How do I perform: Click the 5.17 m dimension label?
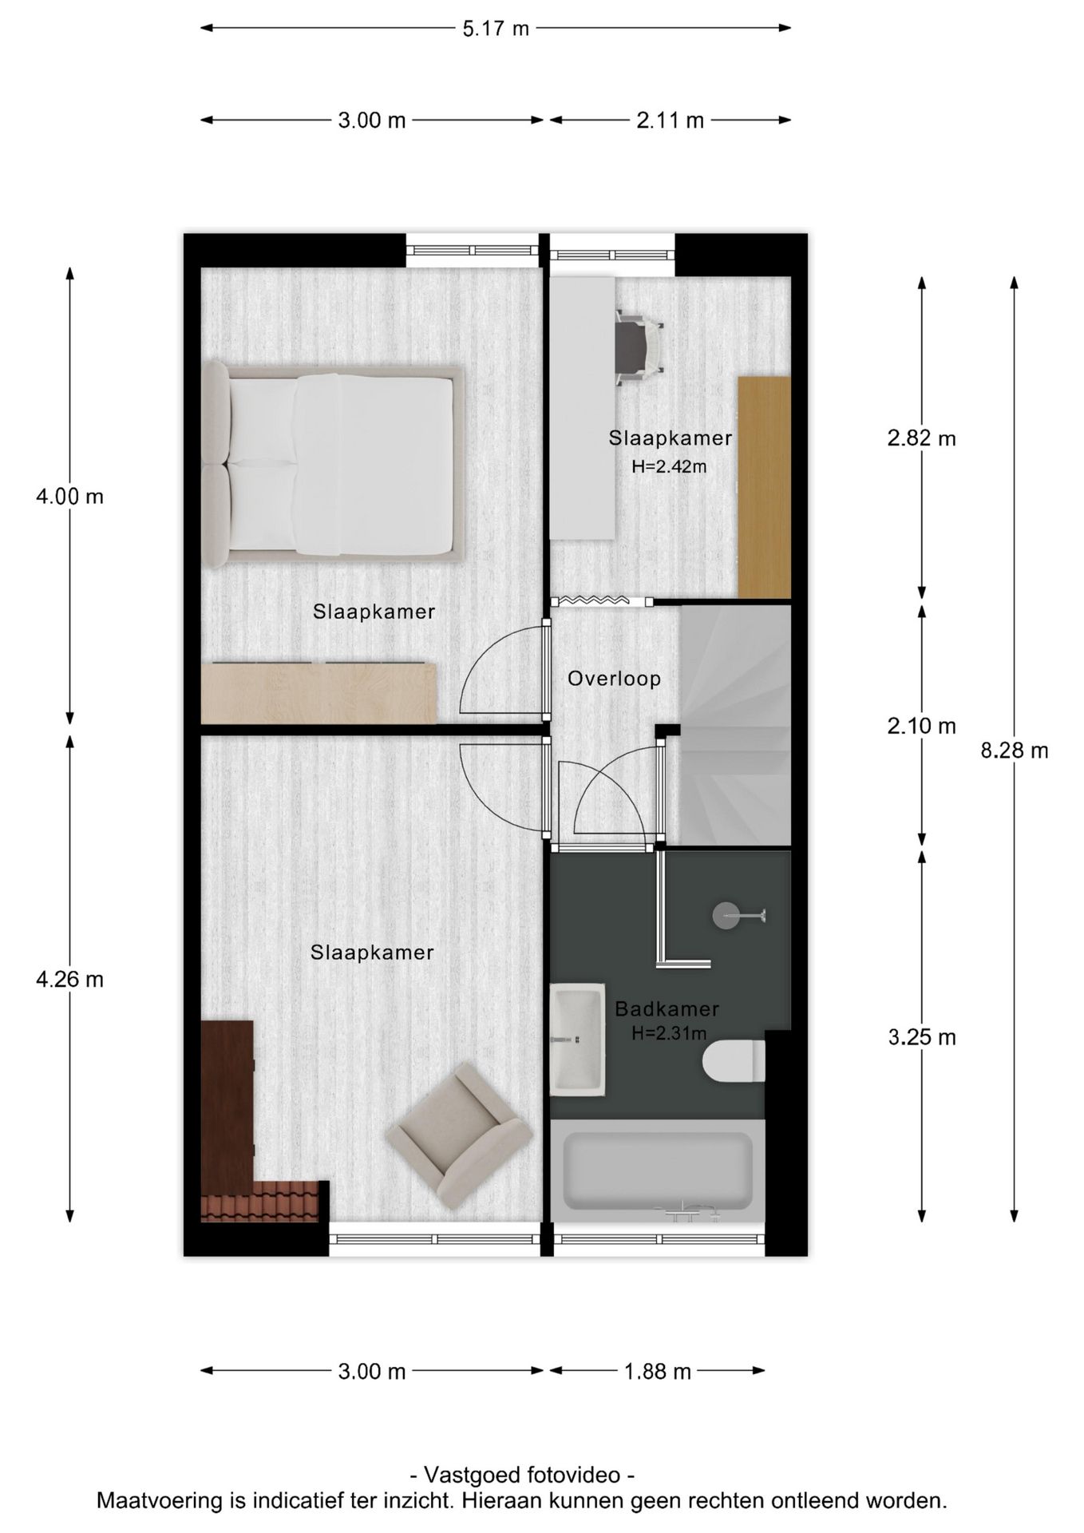click(495, 29)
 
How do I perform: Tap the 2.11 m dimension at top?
click(670, 121)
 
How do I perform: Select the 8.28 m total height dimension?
click(1014, 751)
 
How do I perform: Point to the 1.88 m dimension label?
click(657, 1372)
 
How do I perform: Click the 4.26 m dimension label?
click(69, 979)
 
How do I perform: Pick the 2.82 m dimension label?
click(921, 438)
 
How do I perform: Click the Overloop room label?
click(614, 679)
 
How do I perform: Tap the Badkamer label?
click(667, 1009)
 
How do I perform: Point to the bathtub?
click(657, 1171)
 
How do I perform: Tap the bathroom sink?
click(576, 1039)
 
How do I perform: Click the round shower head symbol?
click(726, 915)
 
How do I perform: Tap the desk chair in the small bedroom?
click(639, 343)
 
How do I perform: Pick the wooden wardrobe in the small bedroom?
click(764, 486)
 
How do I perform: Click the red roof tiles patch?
click(259, 1202)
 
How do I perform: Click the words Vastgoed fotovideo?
click(522, 1474)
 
